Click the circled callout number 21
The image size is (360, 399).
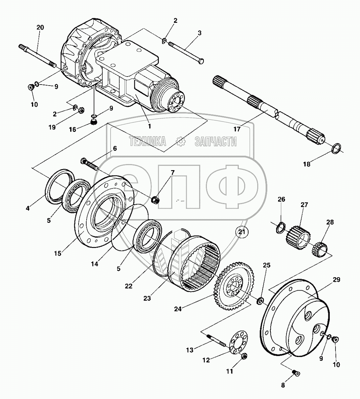(x=242, y=232)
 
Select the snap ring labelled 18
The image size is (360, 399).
(x=336, y=148)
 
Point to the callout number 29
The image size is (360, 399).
(x=336, y=280)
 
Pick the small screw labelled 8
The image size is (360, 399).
(x=296, y=372)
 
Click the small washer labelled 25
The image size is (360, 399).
(x=260, y=301)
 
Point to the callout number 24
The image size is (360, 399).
(x=178, y=308)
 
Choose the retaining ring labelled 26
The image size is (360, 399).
(x=280, y=227)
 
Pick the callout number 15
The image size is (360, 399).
(x=58, y=253)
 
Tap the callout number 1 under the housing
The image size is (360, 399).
(x=149, y=126)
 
